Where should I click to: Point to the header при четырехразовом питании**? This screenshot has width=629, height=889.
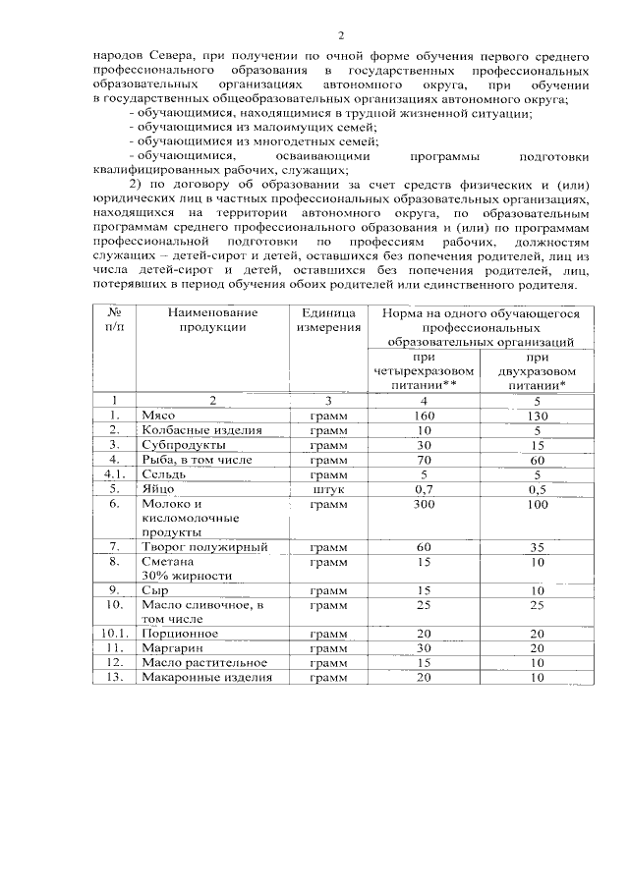(425, 372)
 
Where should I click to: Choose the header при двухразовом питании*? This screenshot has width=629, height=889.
(537, 372)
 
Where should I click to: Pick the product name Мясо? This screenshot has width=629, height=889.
(157, 416)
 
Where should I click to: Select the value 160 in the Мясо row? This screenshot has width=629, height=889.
(425, 416)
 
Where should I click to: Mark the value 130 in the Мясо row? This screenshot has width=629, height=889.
(537, 416)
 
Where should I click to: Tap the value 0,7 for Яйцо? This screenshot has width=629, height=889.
(425, 488)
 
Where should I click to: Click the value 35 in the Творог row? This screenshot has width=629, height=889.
(537, 546)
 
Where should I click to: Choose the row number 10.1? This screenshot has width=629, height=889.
(114, 634)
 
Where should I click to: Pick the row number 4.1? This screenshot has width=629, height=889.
(114, 473)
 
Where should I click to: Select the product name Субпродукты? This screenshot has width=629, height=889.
(183, 445)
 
